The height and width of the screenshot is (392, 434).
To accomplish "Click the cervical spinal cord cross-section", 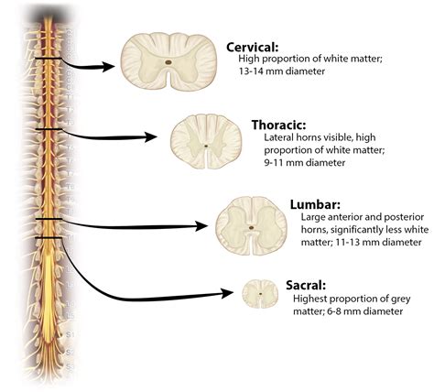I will coord(170,65).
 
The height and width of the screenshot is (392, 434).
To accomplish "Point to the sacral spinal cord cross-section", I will coord(259,293).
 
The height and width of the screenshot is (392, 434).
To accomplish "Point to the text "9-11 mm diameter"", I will coord(295,163).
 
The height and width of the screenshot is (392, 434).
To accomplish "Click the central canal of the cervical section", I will coord(170,64).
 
